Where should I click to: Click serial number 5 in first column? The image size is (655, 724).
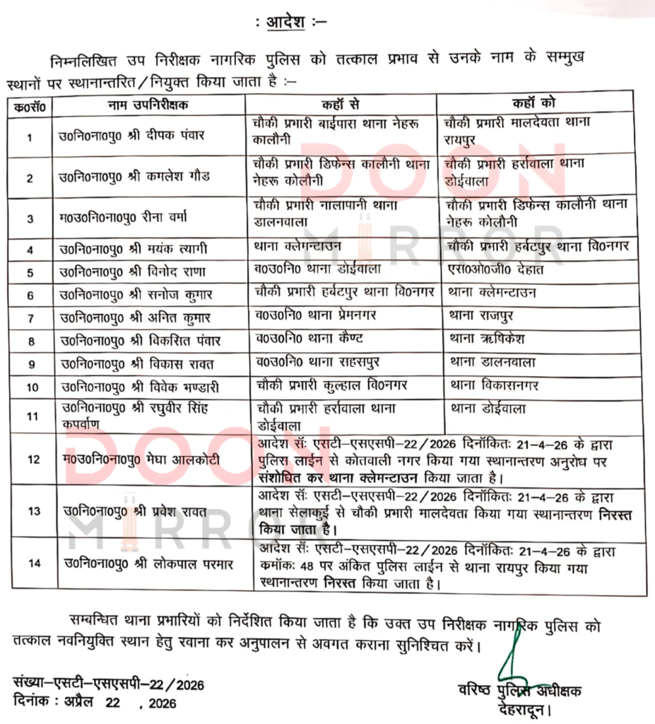pos(30,272)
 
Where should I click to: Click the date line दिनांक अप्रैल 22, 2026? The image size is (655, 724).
pos(95,703)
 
